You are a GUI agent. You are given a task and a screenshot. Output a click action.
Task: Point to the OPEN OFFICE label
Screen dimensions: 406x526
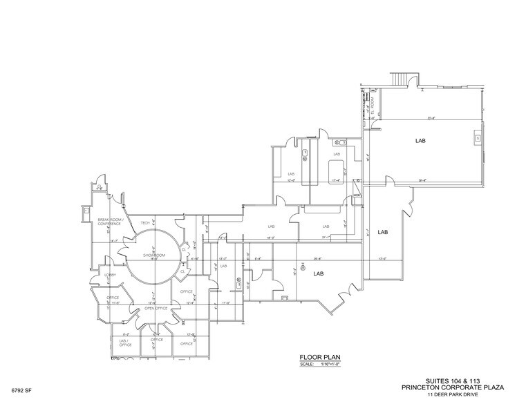156,308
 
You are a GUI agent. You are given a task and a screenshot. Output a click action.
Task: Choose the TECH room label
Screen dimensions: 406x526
145,223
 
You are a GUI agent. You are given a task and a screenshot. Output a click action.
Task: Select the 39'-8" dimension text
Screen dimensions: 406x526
422,181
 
